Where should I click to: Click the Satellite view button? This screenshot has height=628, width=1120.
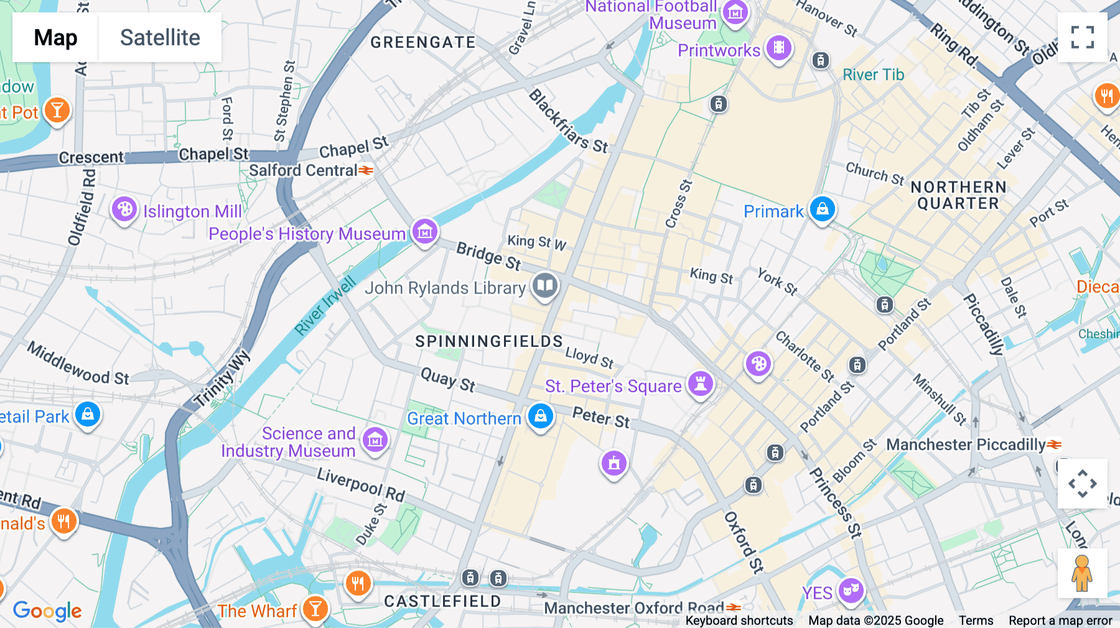[x=160, y=37]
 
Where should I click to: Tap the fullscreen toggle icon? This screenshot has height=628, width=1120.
[x=1082, y=37]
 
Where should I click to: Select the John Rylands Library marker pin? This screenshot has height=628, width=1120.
[x=545, y=286]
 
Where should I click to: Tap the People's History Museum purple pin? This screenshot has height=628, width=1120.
[x=425, y=233]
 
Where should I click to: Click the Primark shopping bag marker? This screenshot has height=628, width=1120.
[x=822, y=210]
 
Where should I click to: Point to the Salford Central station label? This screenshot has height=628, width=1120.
[x=303, y=170]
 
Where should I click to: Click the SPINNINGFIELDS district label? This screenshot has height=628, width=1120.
[x=489, y=341]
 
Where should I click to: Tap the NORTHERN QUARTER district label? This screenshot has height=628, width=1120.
[x=958, y=195]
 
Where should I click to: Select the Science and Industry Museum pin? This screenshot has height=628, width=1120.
[x=375, y=441]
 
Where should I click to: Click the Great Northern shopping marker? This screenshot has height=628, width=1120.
[x=541, y=417]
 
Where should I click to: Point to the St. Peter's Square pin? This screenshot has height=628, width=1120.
[x=701, y=385]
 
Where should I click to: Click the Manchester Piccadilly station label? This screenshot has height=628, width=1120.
[x=966, y=445]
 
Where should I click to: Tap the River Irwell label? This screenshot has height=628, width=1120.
[x=324, y=305]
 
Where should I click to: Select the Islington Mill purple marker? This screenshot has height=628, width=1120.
[x=124, y=210]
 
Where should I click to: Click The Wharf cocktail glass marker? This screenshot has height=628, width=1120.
[x=315, y=609]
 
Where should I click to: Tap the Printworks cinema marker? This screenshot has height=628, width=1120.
[x=778, y=48]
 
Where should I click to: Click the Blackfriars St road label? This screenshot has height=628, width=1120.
[x=568, y=122]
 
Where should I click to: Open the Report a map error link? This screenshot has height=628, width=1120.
[x=1060, y=621]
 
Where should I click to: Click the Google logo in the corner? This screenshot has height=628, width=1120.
[x=47, y=611]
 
